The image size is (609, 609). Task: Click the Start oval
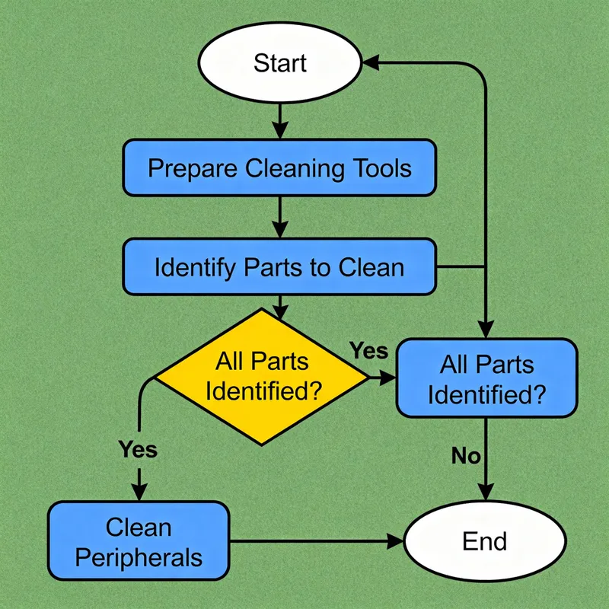click(279, 62)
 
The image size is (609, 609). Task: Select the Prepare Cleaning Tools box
click(279, 167)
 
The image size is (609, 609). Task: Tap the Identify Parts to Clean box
click(279, 267)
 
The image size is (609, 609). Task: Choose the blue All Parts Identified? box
click(486, 378)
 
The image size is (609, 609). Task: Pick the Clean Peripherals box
click(139, 541)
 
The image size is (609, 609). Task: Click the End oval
click(484, 541)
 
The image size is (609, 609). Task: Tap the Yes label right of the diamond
click(368, 351)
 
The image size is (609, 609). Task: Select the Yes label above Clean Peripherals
click(138, 449)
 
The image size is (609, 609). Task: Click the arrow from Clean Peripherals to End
click(315, 541)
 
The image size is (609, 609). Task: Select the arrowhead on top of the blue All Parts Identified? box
click(486, 329)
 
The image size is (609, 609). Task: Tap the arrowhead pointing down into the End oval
click(486, 495)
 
